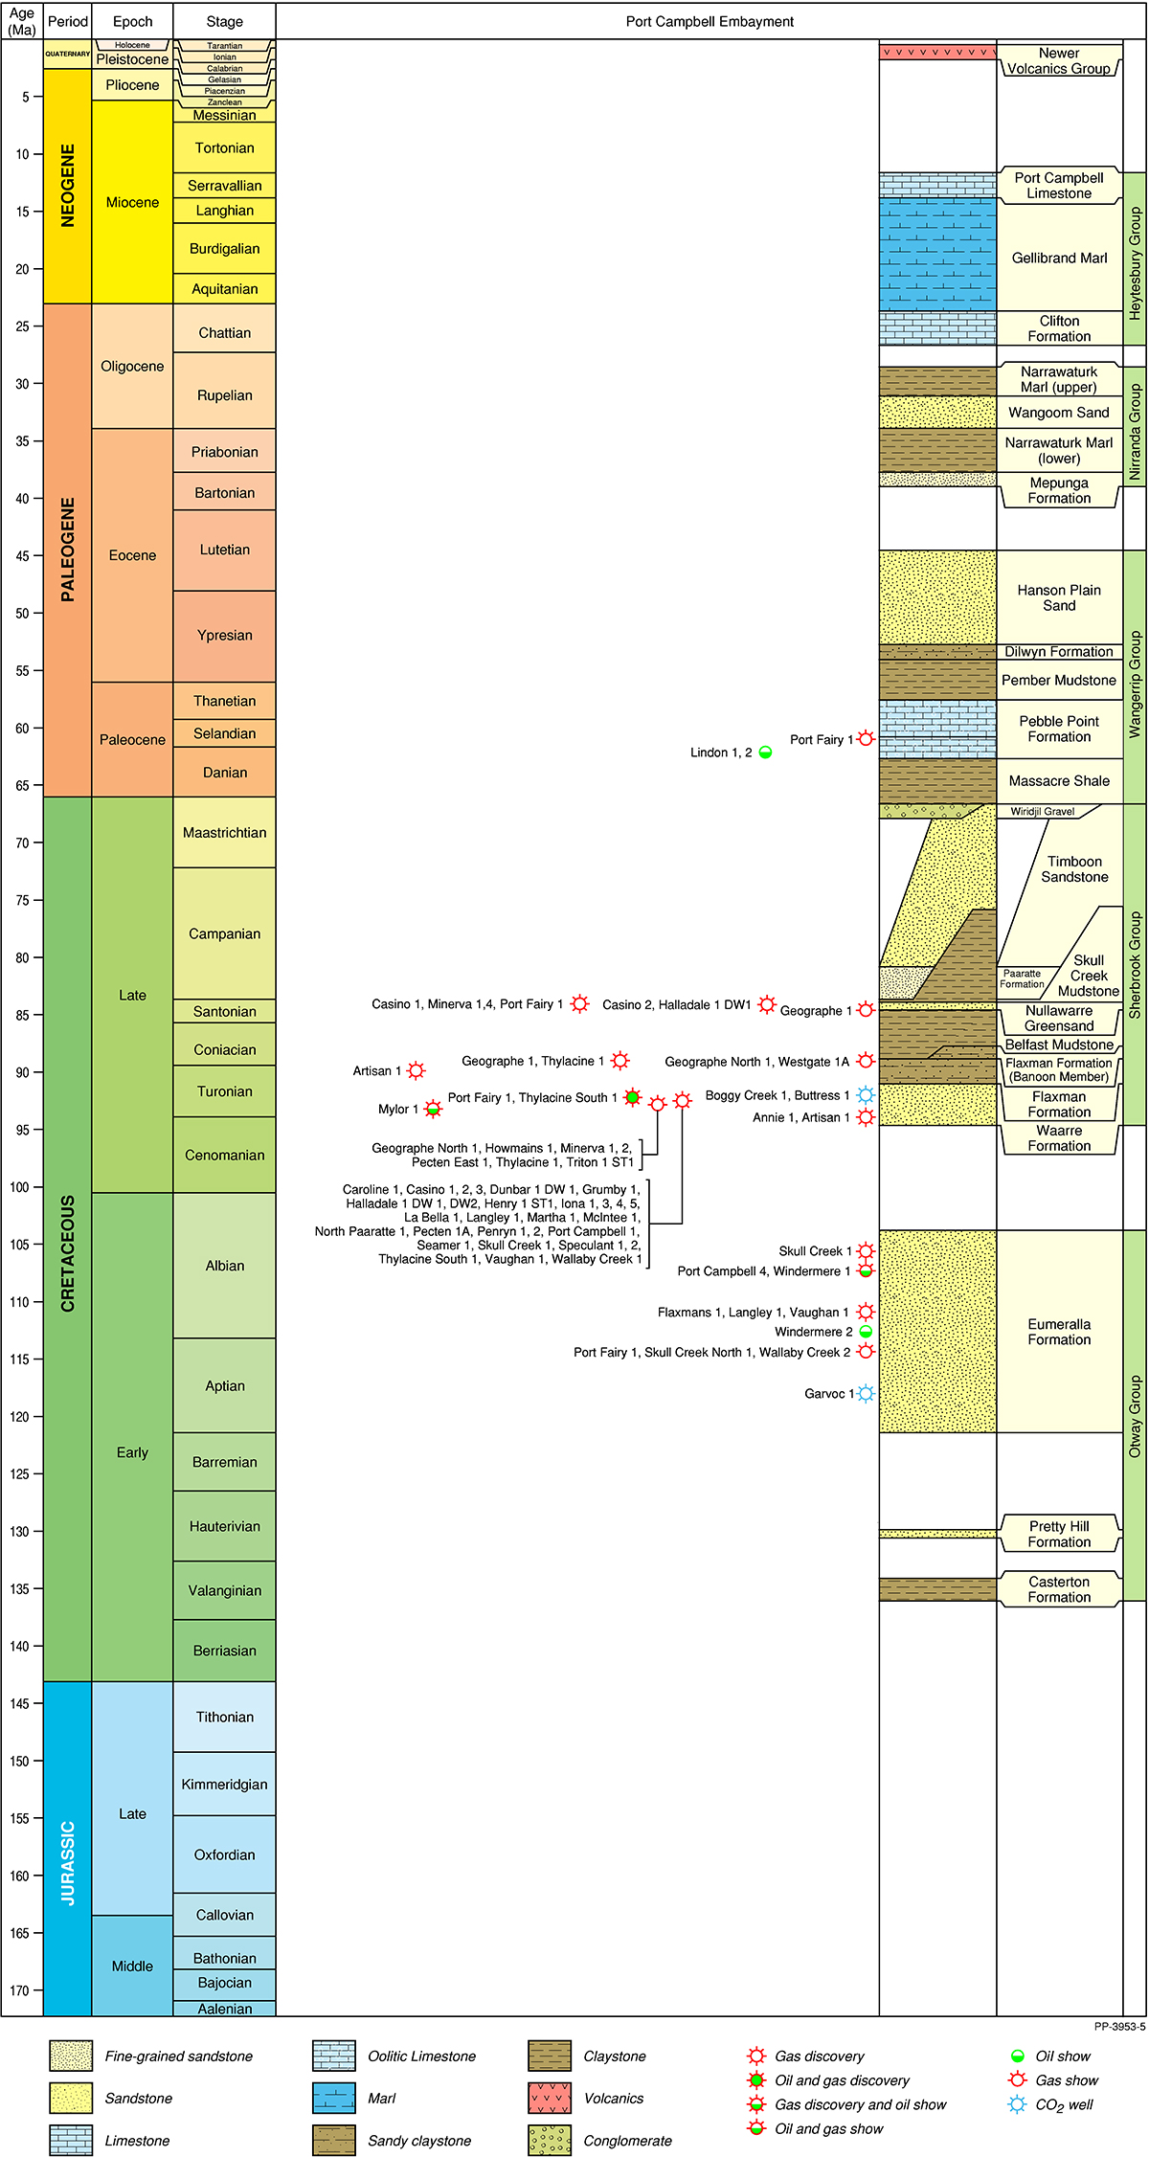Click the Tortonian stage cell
(224, 148)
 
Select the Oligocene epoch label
(132, 367)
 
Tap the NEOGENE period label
(67, 186)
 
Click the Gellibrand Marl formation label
(1059, 258)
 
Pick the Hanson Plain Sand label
(1059, 597)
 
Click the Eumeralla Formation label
(1059, 1332)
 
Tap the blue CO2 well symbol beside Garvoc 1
(866, 1393)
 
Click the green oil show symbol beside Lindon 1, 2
(765, 753)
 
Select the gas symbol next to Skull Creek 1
(866, 1250)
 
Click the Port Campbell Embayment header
(710, 21)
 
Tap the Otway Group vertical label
(1135, 1417)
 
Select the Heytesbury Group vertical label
(1135, 263)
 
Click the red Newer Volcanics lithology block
(937, 52)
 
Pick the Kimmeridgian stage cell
(224, 1785)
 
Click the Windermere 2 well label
(813, 1332)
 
